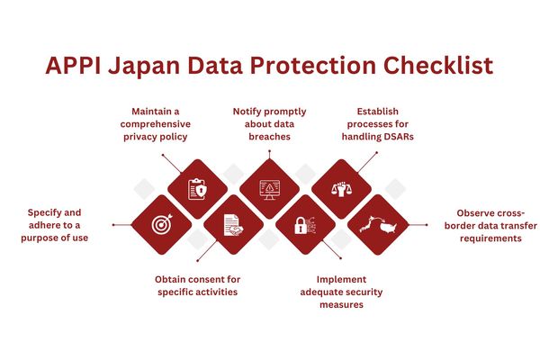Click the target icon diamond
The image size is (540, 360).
(x=162, y=224)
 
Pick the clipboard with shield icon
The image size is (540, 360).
(x=197, y=189)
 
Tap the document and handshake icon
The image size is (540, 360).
(x=233, y=225)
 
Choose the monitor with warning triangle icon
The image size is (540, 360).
(x=269, y=189)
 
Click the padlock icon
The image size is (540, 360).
(x=305, y=225)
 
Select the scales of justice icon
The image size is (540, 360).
(x=341, y=189)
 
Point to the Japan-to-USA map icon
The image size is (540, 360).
(x=377, y=225)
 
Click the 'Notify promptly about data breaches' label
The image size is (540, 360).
(x=269, y=124)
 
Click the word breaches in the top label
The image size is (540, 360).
(x=269, y=137)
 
